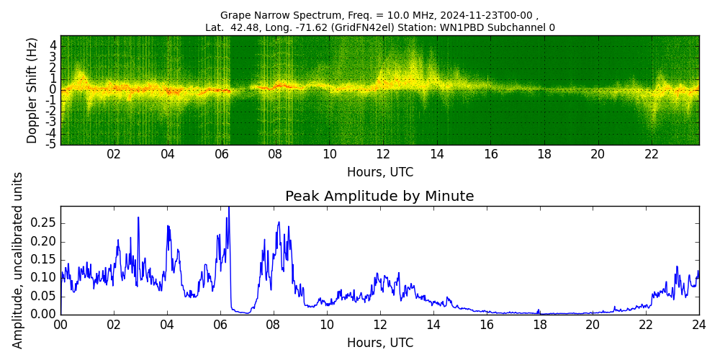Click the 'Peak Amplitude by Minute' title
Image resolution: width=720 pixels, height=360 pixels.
[x=379, y=197]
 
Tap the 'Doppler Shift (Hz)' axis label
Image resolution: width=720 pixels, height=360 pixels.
[x=32, y=90]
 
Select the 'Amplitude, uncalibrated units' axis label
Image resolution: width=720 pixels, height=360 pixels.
[x=18, y=260]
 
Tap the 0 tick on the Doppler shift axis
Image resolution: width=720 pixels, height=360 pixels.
[x=53, y=90]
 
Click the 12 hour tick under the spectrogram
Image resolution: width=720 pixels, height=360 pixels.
[x=383, y=154]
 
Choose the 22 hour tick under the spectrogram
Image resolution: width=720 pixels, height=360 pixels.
[x=652, y=154]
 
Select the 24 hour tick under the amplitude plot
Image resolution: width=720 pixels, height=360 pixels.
[x=698, y=324]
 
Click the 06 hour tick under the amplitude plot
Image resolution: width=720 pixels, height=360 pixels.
[x=220, y=324]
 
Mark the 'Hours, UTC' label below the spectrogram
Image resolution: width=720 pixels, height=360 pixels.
[x=380, y=173]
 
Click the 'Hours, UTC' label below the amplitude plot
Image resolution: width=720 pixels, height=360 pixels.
[x=380, y=343]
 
